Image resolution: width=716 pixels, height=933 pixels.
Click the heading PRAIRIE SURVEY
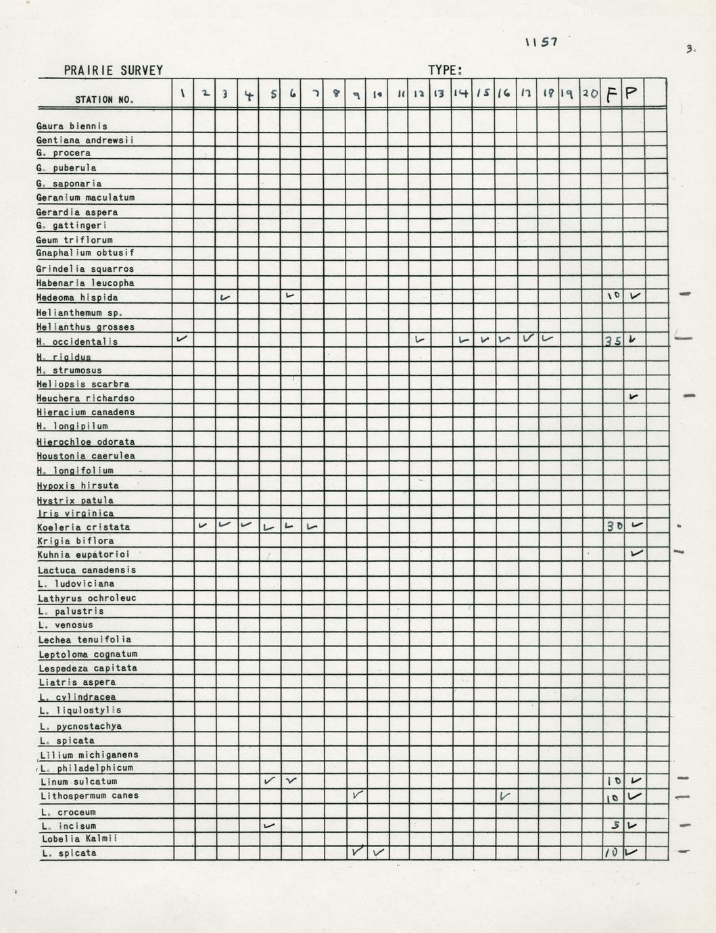pos(113,70)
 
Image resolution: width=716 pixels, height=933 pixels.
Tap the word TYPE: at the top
pos(445,70)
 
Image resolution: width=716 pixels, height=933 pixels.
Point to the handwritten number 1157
pos(541,42)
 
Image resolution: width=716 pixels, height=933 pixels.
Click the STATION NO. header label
pos(104,99)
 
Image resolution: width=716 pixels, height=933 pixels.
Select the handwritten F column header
pos(611,94)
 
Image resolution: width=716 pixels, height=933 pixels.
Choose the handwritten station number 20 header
pos(590,94)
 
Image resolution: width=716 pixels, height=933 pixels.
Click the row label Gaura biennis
pos(72,126)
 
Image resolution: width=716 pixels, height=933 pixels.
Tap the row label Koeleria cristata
pos(84,527)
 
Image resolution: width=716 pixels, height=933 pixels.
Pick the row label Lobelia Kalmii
pos(78,838)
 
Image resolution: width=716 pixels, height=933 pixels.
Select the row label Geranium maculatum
pos(85,197)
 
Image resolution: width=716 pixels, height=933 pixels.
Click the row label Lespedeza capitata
pos(88,668)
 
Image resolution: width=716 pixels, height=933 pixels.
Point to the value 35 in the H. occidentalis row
pos(612,341)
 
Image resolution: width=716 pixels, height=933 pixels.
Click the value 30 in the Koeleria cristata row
pos(613,526)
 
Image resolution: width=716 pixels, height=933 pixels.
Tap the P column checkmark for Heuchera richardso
pos(634,396)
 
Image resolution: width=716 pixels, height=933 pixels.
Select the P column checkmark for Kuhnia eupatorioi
pos(636,553)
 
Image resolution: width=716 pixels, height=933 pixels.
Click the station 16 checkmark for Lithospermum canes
pos(504,796)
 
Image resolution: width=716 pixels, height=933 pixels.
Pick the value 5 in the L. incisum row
pos(615,825)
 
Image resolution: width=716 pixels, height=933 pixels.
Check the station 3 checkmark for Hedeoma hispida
pos(225,297)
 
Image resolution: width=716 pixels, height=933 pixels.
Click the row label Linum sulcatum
pos(78,782)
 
